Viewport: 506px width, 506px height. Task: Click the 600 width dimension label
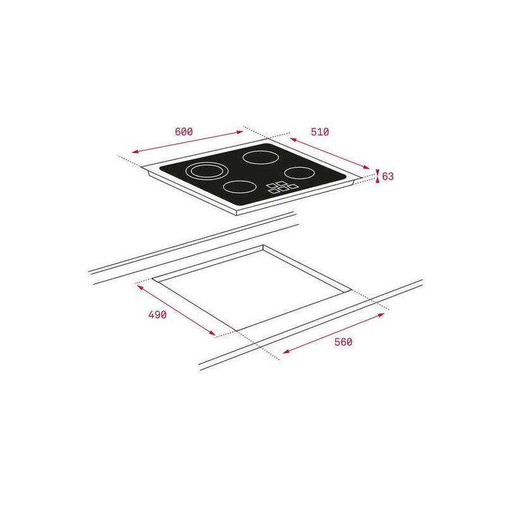pyautogui.click(x=183, y=132)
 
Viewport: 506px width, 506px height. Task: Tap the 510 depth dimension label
pyautogui.click(x=320, y=132)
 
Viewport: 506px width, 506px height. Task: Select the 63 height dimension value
pyautogui.click(x=388, y=176)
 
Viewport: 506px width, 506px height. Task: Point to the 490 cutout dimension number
pyautogui.click(x=157, y=314)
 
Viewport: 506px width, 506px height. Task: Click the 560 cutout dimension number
pyautogui.click(x=343, y=342)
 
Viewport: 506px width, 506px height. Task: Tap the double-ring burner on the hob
pyautogui.click(x=207, y=171)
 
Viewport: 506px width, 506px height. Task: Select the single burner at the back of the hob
pyautogui.click(x=261, y=157)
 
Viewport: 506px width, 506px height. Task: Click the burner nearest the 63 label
pyautogui.click(x=299, y=173)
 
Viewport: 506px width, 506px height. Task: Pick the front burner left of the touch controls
pyautogui.click(x=240, y=187)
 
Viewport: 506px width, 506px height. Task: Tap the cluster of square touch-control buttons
pyautogui.click(x=282, y=187)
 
